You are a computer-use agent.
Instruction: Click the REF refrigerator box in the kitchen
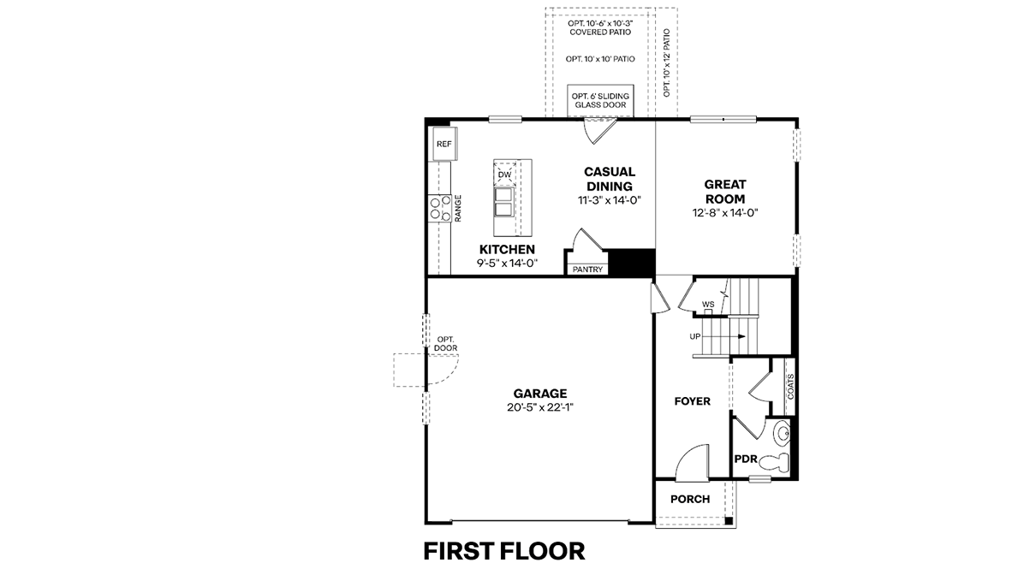(x=444, y=144)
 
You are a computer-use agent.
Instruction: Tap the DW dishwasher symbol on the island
(x=504, y=175)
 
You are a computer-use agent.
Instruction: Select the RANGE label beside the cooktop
(x=458, y=209)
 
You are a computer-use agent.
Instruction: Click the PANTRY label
(x=587, y=270)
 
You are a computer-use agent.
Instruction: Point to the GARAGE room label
(x=540, y=394)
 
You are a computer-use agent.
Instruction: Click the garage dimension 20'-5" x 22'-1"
(x=540, y=407)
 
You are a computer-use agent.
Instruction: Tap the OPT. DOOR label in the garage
(x=445, y=344)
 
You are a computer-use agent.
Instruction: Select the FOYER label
(x=693, y=401)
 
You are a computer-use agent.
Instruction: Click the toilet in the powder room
(x=775, y=462)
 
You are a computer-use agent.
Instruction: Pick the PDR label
(x=746, y=459)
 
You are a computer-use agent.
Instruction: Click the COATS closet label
(x=790, y=387)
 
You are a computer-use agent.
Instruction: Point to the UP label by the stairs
(x=695, y=337)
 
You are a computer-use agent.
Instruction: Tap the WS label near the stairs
(x=708, y=304)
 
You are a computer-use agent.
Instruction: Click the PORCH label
(x=690, y=500)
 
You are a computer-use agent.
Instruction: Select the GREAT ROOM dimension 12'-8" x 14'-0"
(x=725, y=213)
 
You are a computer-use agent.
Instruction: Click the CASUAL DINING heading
(x=610, y=179)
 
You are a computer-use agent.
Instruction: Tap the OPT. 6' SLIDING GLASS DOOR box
(x=600, y=101)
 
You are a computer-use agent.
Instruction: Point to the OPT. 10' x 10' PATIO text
(x=600, y=59)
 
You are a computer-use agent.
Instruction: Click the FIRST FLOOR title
(x=504, y=552)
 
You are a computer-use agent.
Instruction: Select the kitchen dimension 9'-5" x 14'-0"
(x=508, y=264)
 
